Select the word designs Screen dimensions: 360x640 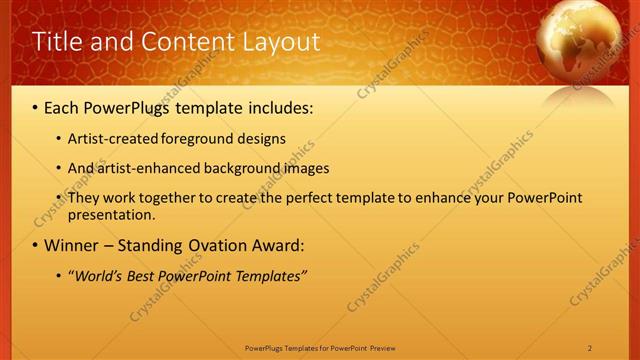[x=263, y=138]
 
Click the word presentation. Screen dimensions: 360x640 [x=111, y=214]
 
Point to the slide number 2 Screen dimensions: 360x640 [x=590, y=348]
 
